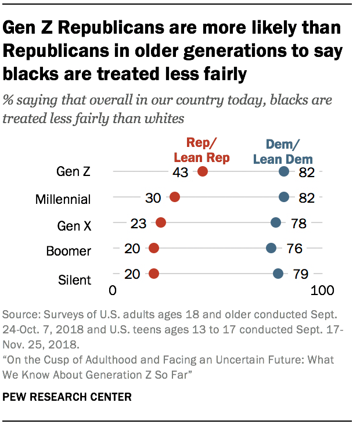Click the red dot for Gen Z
pyautogui.click(x=203, y=171)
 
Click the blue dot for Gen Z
pyautogui.click(x=284, y=171)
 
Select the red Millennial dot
pyautogui.click(x=175, y=197)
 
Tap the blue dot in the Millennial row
pyautogui.click(x=284, y=197)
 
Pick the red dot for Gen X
pyautogui.click(x=161, y=222)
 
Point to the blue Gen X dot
pyautogui.click(x=276, y=222)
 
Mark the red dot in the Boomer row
pyautogui.click(x=154, y=248)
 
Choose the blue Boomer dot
pyautogui.click(x=271, y=248)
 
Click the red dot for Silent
pyautogui.click(x=154, y=274)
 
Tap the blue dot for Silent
pyautogui.click(x=278, y=274)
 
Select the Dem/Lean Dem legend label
pyautogui.click(x=289, y=151)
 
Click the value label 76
pyautogui.click(x=294, y=249)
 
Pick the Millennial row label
pyautogui.click(x=63, y=199)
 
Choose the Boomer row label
pyautogui.click(x=69, y=251)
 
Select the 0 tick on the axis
pyautogui.click(x=113, y=290)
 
